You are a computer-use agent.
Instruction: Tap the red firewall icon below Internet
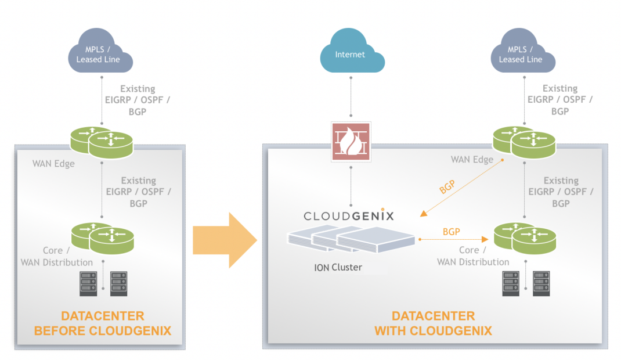pos(351,142)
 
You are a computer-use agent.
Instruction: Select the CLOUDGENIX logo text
pos(349,216)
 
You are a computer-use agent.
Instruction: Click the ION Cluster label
pos(338,268)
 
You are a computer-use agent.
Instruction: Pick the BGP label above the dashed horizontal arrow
pos(451,232)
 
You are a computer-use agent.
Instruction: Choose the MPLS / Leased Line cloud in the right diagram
pos(521,54)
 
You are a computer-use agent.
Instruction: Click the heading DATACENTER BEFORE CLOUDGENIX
pos(102,323)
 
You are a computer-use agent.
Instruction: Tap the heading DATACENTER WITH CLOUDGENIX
pos(433,323)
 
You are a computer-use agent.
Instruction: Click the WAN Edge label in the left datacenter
pos(53,164)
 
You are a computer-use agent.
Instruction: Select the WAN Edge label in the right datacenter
pos(472,160)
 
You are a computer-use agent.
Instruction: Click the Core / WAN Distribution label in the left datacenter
pos(57,256)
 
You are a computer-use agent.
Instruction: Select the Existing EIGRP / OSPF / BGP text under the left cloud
pos(138,100)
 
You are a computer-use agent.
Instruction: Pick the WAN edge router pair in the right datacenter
pos(524,142)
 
